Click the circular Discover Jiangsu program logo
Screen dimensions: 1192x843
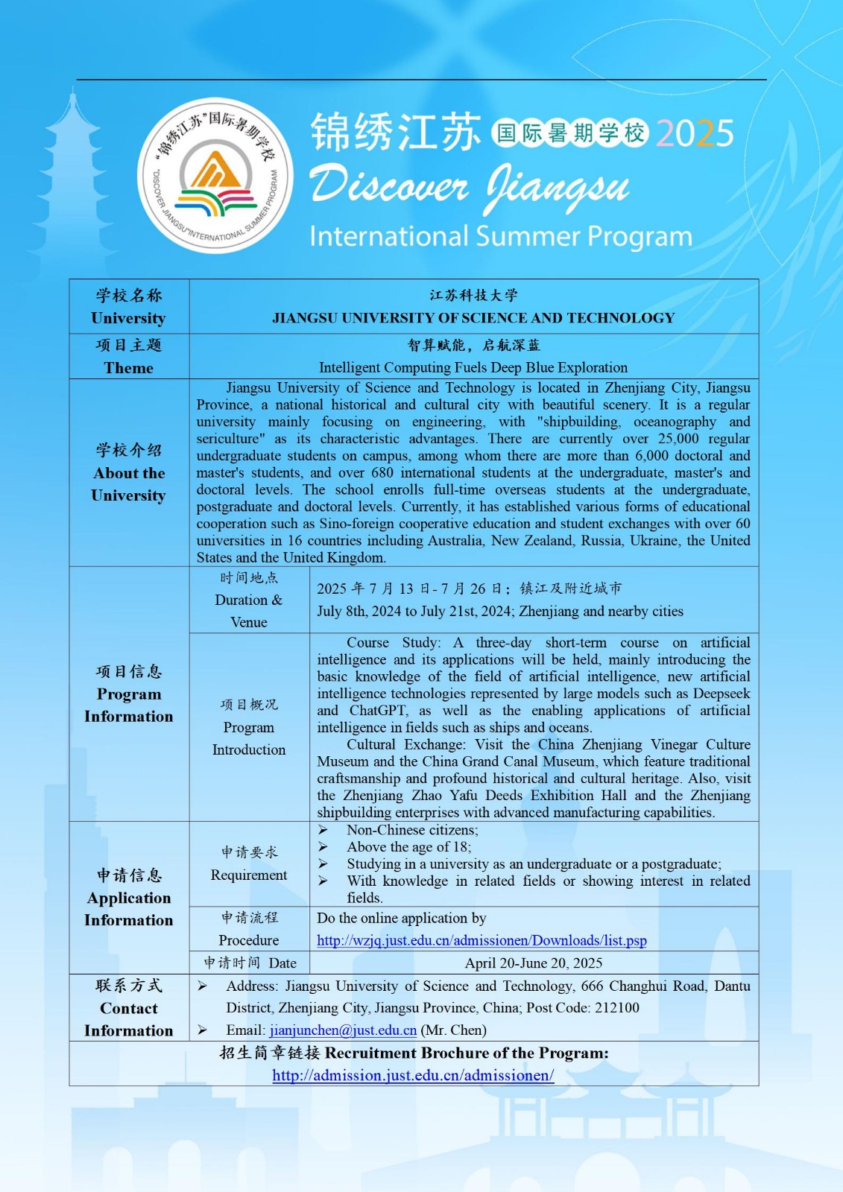[215, 176]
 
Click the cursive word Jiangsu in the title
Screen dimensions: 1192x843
[558, 188]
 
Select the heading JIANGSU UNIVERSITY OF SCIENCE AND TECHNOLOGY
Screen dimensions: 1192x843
[473, 318]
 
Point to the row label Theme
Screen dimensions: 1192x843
[129, 368]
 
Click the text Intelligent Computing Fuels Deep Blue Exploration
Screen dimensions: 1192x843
[473, 367]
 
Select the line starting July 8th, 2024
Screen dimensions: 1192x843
[500, 612]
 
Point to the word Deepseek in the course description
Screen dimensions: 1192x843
[721, 694]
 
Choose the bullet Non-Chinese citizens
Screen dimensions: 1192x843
[412, 830]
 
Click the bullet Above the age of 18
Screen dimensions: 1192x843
[408, 847]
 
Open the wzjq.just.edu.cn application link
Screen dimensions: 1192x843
[482, 941]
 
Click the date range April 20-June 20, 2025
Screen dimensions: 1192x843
[534, 963]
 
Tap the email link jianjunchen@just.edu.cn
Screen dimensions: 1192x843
[343, 1030]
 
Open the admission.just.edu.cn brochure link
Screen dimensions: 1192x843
[413, 1076]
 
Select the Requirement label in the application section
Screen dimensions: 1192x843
[249, 875]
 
